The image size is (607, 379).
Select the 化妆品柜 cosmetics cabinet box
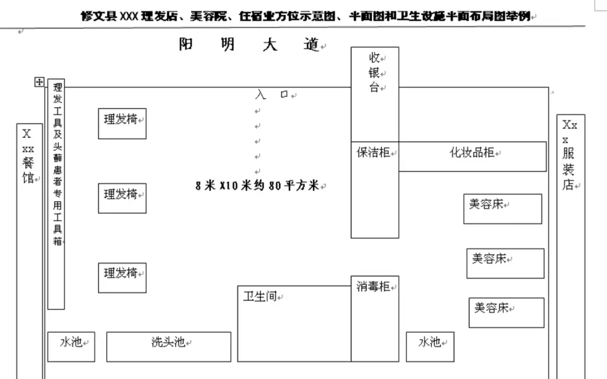point(472,156)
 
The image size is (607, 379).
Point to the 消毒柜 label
point(373,287)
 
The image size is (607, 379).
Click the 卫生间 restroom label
point(260,296)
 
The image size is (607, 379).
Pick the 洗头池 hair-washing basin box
point(169,346)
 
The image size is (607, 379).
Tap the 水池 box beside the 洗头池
point(71,346)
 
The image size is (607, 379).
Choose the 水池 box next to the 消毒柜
point(430,346)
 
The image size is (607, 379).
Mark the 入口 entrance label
point(272,95)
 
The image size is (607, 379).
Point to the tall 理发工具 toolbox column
point(56,194)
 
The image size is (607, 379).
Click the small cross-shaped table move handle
point(39,82)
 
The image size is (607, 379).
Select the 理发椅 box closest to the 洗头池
point(122,278)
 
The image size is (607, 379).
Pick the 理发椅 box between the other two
point(122,198)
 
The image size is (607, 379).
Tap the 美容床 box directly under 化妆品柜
point(502,209)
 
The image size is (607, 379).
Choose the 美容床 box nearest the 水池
point(506,313)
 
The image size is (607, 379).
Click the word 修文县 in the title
point(96,16)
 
